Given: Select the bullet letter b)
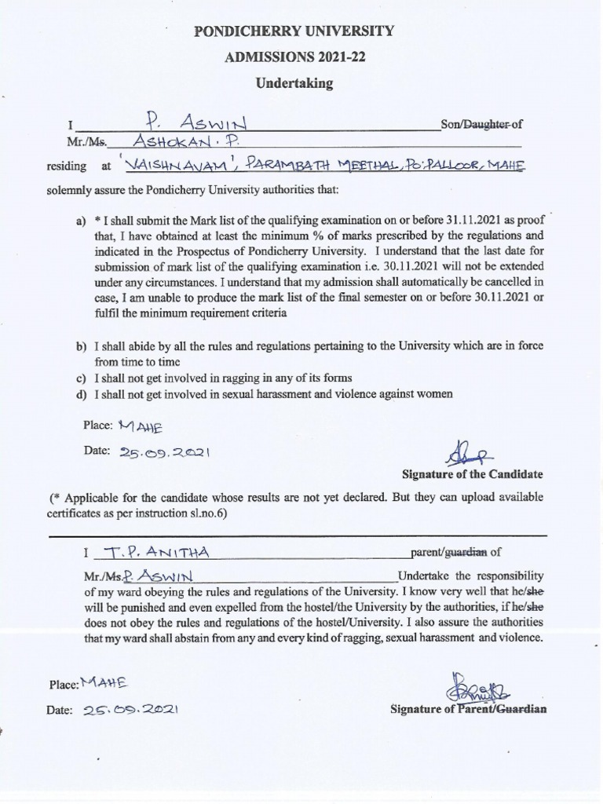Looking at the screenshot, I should click(81, 346).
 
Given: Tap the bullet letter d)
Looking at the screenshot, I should click(81, 393).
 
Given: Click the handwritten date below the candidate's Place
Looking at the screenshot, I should click(166, 453).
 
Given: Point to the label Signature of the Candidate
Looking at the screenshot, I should click(472, 475).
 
